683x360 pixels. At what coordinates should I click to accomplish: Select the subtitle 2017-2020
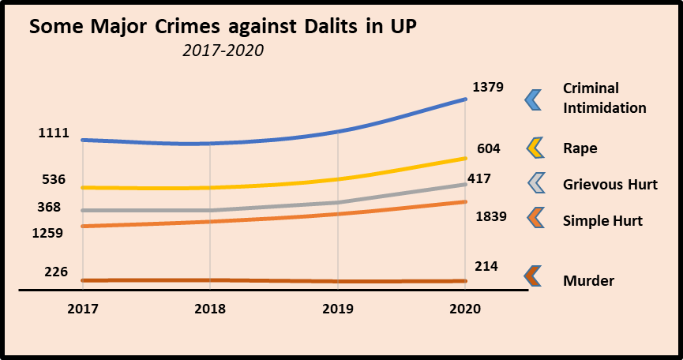click(222, 51)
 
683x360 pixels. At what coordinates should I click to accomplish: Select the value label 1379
click(487, 87)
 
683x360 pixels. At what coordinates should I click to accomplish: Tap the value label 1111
click(54, 133)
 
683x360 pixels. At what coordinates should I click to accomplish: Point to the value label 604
click(489, 149)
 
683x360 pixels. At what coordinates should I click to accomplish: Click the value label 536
click(53, 179)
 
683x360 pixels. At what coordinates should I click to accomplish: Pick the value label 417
click(478, 179)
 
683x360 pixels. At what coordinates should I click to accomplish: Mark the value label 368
click(49, 208)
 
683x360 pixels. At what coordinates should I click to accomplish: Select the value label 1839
click(490, 216)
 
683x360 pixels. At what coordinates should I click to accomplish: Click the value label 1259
click(49, 233)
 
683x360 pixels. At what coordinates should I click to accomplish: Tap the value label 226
click(55, 272)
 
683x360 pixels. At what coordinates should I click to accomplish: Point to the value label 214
click(486, 267)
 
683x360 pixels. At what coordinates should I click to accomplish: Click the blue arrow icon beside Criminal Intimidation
click(533, 99)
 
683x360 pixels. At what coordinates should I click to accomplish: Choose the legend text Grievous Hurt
click(610, 185)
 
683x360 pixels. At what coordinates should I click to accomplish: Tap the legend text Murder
click(588, 280)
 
